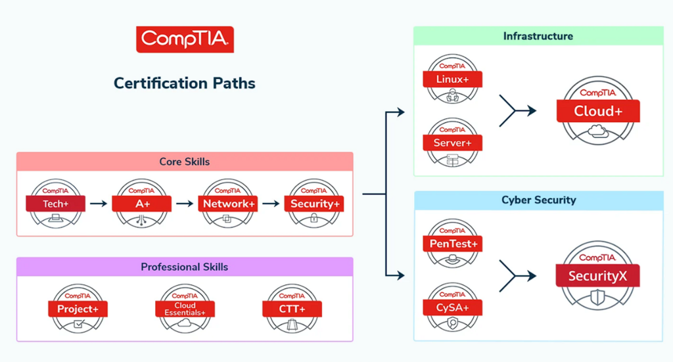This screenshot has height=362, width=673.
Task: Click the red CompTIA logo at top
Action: pos(185,39)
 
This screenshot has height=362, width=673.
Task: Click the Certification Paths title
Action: pos(185,83)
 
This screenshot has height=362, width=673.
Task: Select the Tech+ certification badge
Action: pos(55,203)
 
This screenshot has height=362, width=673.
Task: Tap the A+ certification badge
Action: pos(142,203)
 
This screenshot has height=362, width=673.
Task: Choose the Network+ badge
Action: pos(228,203)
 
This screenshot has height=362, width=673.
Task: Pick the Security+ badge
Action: pos(314,203)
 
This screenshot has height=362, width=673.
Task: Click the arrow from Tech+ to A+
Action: pos(99,203)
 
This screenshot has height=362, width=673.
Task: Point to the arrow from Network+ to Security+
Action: pos(271,203)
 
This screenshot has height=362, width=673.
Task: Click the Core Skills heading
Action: pos(185,162)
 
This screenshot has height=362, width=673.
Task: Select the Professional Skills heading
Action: pos(185,267)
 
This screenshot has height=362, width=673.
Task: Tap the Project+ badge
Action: pos(78,308)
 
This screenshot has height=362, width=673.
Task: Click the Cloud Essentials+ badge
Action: pos(185,308)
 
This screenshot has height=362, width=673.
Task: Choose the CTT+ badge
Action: pos(292,308)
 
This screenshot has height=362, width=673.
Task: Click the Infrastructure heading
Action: pos(538,36)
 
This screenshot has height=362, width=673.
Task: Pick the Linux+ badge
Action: pos(452,79)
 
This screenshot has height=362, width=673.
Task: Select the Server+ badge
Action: pos(452,143)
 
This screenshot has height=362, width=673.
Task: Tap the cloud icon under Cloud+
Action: pos(598,131)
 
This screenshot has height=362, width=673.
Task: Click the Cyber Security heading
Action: pos(539,200)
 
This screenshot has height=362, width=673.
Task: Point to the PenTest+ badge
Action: pos(452,244)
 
